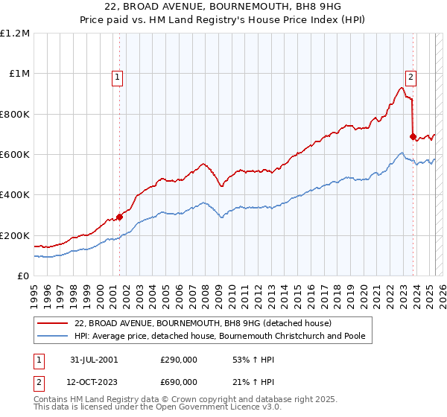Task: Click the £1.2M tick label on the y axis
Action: click(x=15, y=34)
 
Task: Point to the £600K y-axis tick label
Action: click(x=15, y=155)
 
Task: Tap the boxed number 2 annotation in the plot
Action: click(x=410, y=75)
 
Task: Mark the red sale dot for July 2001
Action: click(x=119, y=217)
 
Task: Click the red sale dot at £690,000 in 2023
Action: click(x=412, y=136)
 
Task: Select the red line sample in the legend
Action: click(x=52, y=323)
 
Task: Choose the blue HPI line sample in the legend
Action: click(x=52, y=337)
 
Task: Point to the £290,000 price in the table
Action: click(x=179, y=360)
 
